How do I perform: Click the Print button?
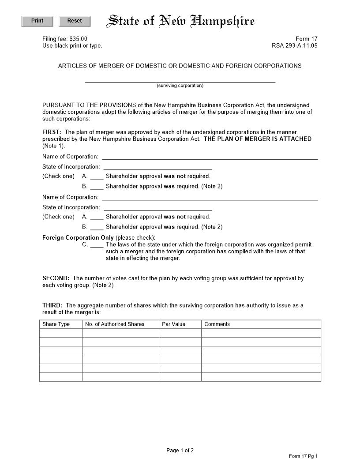pyautogui.click(x=37, y=21)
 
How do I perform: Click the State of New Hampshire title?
pyautogui.click(x=181, y=21)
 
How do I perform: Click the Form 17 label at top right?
pyautogui.click(x=306, y=39)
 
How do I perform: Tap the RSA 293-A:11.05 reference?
pyautogui.click(x=294, y=45)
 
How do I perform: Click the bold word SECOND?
pyautogui.click(x=56, y=278)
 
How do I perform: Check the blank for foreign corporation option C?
pyautogui.click(x=97, y=244)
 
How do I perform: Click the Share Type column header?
pyautogui.click(x=56, y=324)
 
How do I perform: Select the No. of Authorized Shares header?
pyautogui.click(x=115, y=324)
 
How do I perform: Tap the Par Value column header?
pyautogui.click(x=173, y=324)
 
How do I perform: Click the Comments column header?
pyautogui.click(x=217, y=324)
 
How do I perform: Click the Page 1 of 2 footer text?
pyautogui.click(x=180, y=451)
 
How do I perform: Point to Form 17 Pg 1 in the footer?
pyautogui.click(x=303, y=456)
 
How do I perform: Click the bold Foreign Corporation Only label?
pyautogui.click(x=78, y=237)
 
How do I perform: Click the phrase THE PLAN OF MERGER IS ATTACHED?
pyautogui.click(x=258, y=139)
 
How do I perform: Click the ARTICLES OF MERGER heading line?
pyautogui.click(x=180, y=66)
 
